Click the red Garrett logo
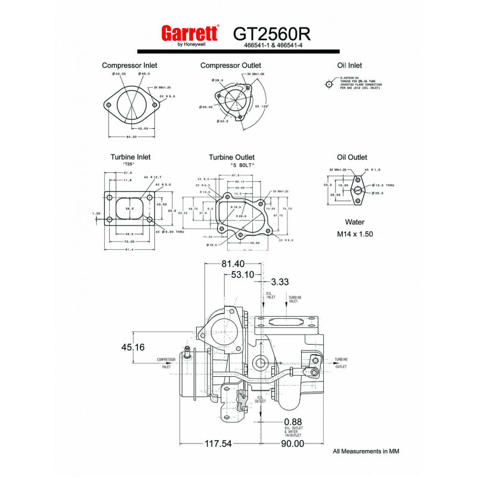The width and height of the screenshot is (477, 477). (190, 33)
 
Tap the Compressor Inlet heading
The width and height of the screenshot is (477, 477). (129, 66)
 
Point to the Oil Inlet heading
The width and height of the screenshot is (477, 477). (349, 66)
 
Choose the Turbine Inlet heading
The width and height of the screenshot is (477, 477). (130, 157)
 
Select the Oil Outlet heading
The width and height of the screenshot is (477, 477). (352, 157)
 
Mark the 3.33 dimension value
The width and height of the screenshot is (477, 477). (280, 281)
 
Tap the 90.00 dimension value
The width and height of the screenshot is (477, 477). (292, 444)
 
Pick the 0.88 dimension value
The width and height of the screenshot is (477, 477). (293, 422)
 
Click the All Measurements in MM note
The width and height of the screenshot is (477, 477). (366, 451)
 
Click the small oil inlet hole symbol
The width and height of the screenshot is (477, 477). (329, 83)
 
